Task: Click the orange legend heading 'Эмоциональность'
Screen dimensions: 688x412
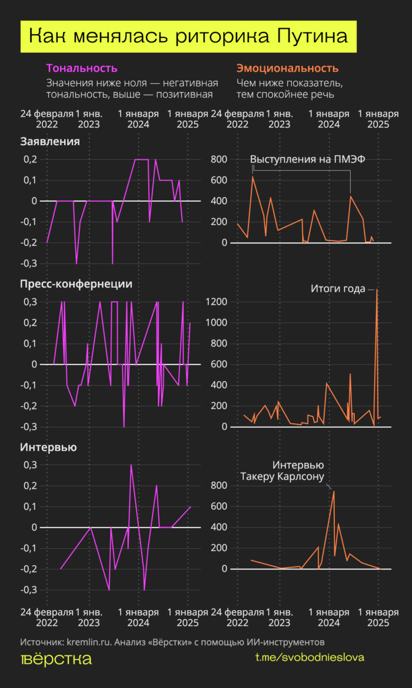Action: tap(287, 68)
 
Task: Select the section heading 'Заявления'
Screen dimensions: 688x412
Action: tap(49, 141)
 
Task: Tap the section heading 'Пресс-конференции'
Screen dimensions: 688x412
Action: tap(76, 284)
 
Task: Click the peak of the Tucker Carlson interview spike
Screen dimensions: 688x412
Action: tap(334, 491)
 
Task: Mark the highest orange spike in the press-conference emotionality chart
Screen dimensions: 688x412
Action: tap(377, 289)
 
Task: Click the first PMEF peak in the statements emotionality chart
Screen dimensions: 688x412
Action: tap(253, 176)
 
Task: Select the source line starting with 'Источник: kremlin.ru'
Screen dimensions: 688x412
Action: tap(172, 641)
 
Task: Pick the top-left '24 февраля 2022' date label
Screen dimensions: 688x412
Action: tap(47, 119)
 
